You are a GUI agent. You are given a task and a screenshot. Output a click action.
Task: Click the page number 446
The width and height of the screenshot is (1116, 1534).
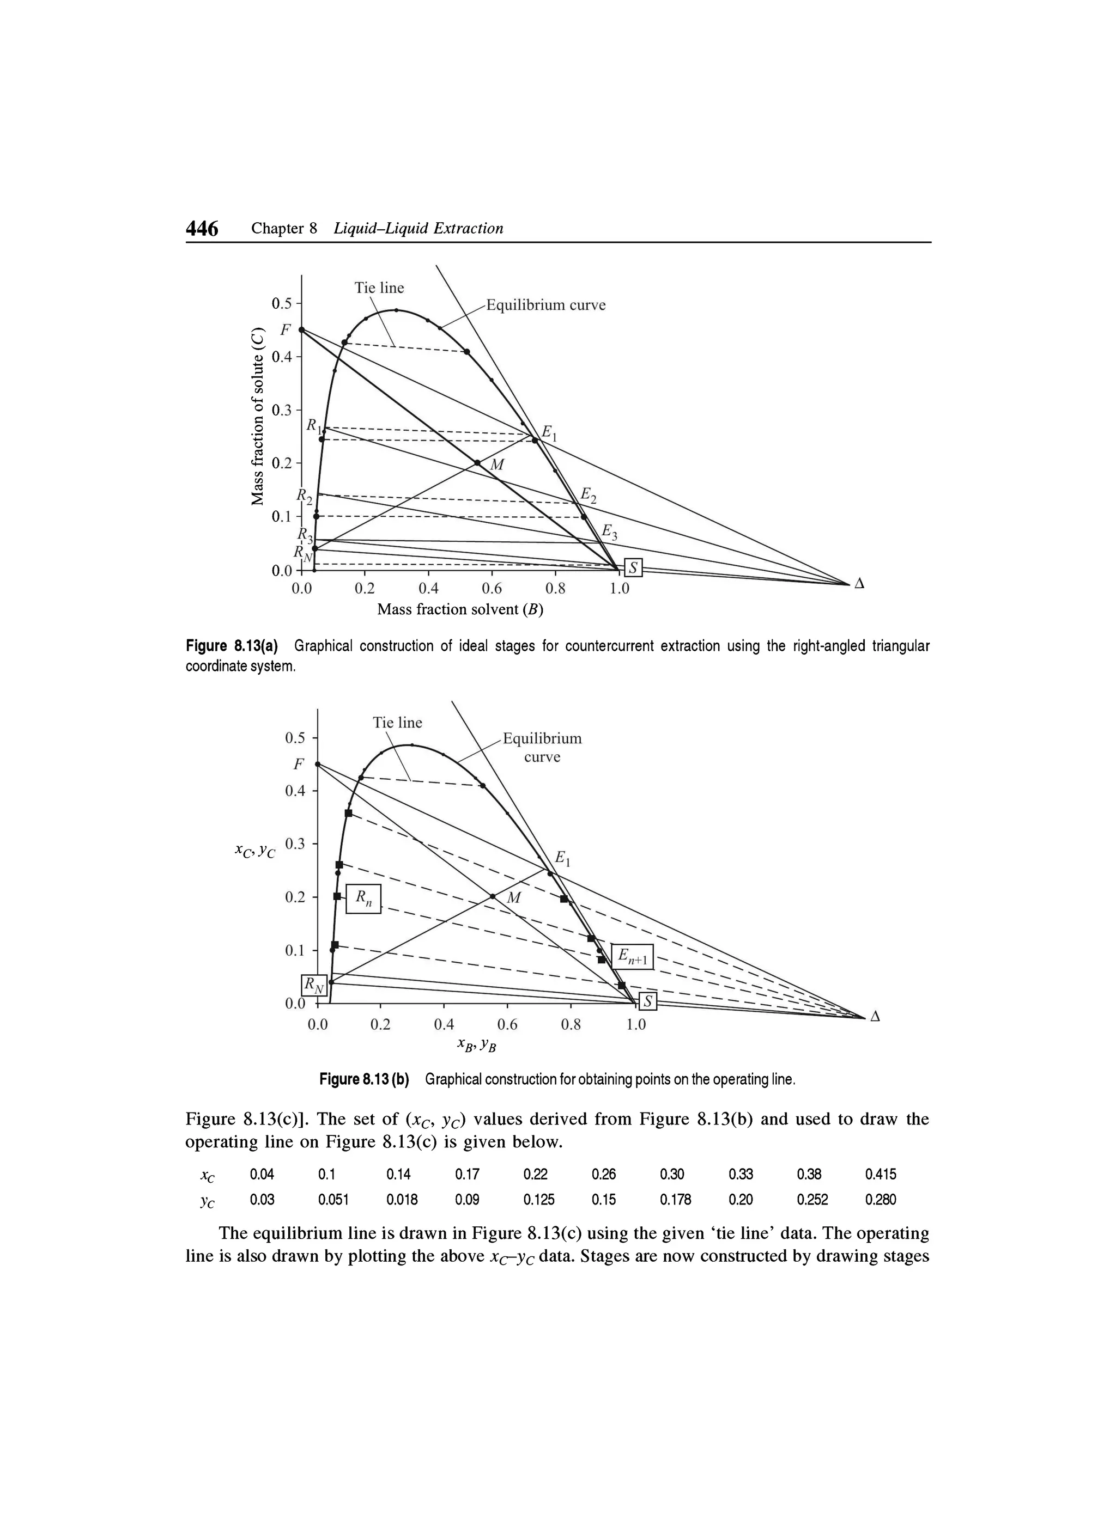tap(202, 229)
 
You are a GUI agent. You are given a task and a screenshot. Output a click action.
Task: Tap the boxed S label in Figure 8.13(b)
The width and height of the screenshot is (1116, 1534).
tap(648, 1001)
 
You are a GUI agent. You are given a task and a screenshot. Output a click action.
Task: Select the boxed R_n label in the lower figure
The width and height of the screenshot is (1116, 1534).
tap(363, 899)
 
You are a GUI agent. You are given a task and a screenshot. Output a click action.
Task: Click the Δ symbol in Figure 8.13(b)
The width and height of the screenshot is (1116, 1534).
tap(875, 1017)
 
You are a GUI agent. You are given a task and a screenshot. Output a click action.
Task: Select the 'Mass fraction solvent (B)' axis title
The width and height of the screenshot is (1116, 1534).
tap(460, 609)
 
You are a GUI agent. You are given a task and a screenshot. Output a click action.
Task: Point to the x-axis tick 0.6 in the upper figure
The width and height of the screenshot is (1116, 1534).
tap(492, 589)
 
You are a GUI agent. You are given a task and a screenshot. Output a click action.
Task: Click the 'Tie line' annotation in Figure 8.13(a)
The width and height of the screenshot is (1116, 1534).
tap(379, 288)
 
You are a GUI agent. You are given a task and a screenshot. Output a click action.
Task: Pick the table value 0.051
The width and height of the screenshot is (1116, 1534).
tap(333, 1200)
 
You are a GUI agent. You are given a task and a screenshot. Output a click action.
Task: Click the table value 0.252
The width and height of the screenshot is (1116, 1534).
tap(811, 1200)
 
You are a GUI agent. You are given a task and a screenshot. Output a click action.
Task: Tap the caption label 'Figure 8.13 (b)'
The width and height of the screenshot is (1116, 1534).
tap(365, 1079)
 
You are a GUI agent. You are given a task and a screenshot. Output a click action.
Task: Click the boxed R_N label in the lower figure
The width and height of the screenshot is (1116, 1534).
tap(313, 985)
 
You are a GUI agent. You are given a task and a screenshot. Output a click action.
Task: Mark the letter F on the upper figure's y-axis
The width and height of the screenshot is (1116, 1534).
tap(285, 329)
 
